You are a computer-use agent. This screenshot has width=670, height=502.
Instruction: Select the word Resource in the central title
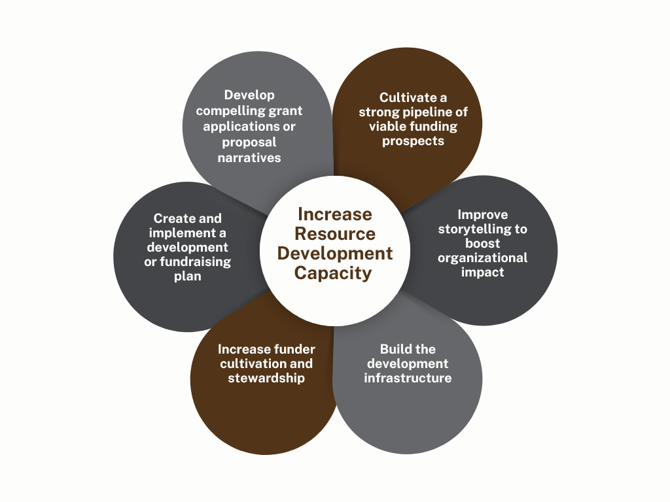(x=334, y=233)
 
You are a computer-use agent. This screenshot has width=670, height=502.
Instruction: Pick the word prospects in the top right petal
(x=413, y=141)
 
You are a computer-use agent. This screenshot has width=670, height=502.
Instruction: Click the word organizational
(x=483, y=258)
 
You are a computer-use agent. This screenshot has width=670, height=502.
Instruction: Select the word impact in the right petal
(x=483, y=272)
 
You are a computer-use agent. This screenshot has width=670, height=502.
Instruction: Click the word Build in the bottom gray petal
(x=395, y=349)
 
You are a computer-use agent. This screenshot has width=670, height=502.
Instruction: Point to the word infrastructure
(x=408, y=378)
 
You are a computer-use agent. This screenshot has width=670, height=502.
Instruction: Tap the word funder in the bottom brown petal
(x=294, y=349)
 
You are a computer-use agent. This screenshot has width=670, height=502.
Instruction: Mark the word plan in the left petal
(x=188, y=276)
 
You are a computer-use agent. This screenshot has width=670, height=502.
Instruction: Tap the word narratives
(x=249, y=157)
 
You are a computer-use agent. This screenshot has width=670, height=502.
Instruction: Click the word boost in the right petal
(x=483, y=243)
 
